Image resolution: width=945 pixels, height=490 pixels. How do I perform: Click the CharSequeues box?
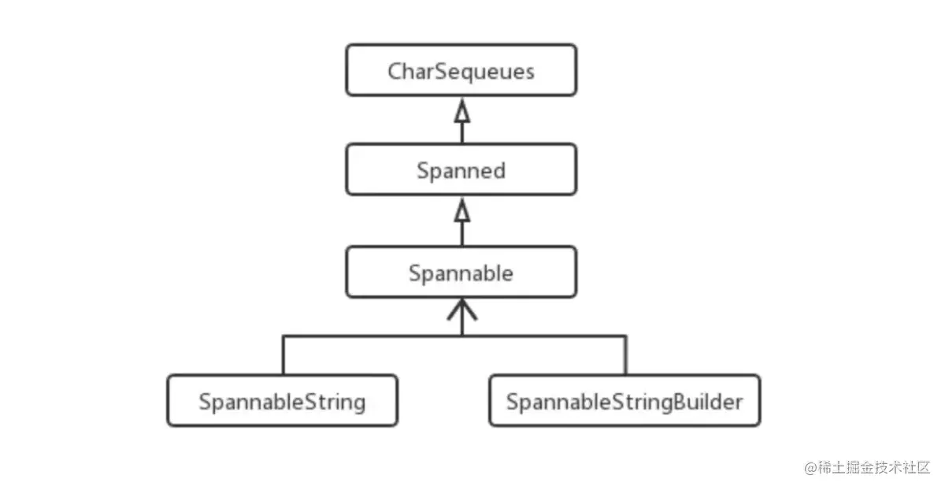461,71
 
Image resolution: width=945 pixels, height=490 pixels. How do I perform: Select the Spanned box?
461,170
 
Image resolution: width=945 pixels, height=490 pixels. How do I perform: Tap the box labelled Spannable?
461,273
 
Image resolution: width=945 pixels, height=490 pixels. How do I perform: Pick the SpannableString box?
282,402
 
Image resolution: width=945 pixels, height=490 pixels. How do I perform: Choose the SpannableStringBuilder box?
624,402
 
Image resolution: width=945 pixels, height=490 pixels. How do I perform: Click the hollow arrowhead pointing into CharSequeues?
462,112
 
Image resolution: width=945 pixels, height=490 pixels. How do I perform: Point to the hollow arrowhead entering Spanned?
462,211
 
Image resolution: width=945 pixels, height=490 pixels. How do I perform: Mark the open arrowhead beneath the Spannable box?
462,312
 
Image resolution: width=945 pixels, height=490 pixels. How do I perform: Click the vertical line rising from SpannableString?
283,355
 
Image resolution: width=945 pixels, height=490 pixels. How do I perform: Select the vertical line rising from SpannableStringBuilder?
626,355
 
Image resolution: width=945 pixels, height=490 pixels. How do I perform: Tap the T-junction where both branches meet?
462,336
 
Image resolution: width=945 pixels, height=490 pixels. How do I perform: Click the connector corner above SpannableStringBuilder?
626,336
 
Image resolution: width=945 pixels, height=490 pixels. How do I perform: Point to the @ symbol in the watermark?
810,468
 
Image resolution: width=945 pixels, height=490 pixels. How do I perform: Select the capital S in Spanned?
423,171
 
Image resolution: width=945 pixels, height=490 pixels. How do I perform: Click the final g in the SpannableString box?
359,404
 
